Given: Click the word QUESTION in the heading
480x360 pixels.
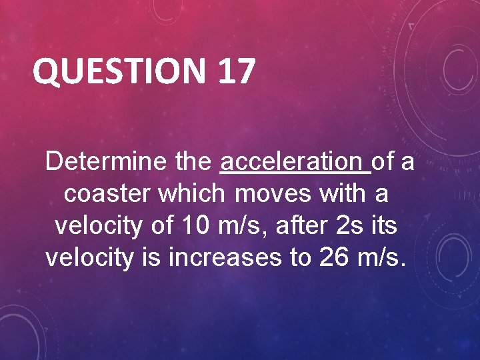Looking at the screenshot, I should click(119, 71).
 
